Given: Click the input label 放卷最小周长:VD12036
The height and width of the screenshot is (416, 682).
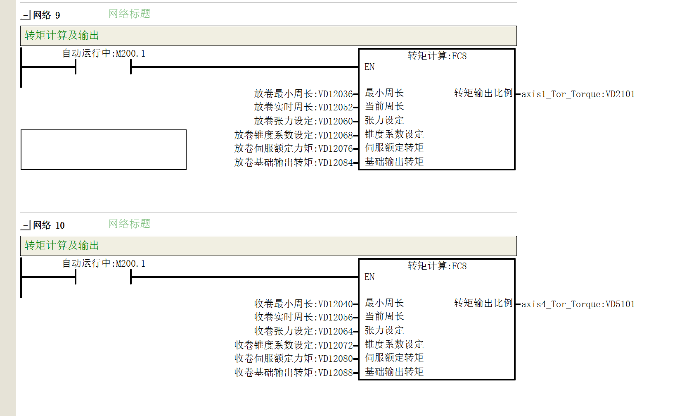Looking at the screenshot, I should click(x=303, y=94).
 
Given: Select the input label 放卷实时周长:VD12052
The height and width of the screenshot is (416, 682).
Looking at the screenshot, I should click(x=303, y=107).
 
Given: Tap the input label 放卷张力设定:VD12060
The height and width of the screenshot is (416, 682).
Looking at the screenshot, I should click(x=303, y=121).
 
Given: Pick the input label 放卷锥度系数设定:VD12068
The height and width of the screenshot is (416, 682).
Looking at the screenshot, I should click(x=294, y=135).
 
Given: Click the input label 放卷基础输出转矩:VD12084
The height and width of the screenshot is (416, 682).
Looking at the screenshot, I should click(x=294, y=163).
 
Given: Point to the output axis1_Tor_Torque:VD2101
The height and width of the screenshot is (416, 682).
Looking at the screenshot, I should click(x=578, y=94).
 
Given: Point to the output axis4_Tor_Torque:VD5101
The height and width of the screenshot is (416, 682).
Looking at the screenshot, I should click(x=578, y=304).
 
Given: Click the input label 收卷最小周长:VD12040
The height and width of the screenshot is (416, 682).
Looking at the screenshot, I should click(x=303, y=304).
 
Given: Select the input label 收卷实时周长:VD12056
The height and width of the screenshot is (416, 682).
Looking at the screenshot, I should click(x=303, y=317).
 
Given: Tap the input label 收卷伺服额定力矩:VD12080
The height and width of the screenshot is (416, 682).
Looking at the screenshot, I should click(x=294, y=359).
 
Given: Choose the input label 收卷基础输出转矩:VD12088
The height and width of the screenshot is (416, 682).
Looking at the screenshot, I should click(x=294, y=373).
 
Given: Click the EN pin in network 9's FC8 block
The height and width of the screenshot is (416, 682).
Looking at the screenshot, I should click(x=369, y=67).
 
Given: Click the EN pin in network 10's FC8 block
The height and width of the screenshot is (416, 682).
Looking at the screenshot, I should click(x=369, y=277).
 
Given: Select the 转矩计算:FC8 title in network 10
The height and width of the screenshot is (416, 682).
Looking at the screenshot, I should click(x=437, y=266).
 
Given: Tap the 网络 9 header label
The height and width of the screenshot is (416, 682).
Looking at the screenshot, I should click(x=47, y=15).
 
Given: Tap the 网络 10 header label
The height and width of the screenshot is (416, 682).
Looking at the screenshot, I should click(x=49, y=225).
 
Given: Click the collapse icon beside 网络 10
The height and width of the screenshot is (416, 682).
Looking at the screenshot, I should click(x=26, y=225).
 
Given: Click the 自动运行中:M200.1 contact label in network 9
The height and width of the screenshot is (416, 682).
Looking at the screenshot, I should click(x=104, y=53).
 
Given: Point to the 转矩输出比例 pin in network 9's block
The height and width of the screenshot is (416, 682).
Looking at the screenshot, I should click(x=483, y=93).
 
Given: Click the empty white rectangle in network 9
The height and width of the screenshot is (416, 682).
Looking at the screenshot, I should click(x=103, y=150).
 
